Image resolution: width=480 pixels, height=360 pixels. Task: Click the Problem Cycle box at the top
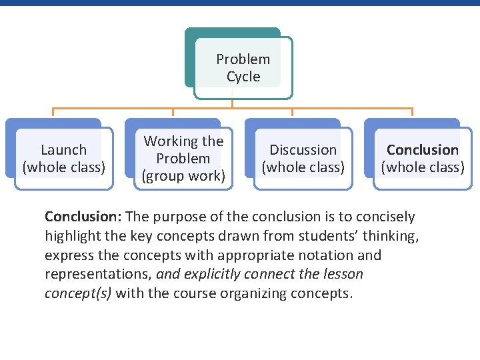(243, 67)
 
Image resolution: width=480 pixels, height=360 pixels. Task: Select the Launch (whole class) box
(63, 158)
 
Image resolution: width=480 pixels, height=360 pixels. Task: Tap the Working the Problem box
(183, 159)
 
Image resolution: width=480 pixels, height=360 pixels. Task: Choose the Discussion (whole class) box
(303, 158)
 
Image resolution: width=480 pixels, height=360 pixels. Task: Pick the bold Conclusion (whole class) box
(423, 158)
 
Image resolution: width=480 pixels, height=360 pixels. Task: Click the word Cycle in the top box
(243, 77)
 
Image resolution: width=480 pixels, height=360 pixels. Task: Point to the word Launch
(63, 150)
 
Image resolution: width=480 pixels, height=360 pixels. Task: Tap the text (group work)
(183, 176)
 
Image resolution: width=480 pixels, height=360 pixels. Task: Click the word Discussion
(303, 150)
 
